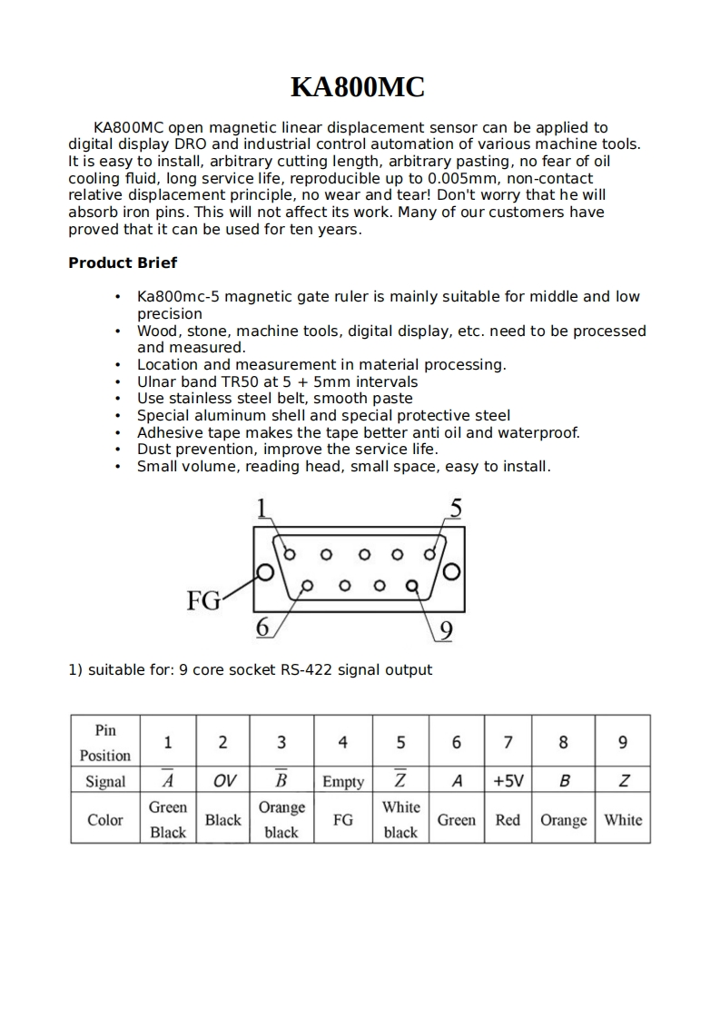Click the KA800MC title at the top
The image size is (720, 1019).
tap(358, 87)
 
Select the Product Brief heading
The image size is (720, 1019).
tap(123, 263)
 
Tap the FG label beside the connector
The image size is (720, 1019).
tap(203, 600)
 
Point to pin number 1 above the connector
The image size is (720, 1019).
tap(262, 509)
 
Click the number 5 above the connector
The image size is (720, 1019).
tap(455, 509)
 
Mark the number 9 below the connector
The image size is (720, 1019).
tap(446, 630)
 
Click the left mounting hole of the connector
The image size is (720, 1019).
tap(265, 573)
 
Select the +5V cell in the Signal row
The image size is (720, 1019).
tap(508, 781)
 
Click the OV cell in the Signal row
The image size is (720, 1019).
tap(223, 781)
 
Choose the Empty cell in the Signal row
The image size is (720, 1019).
tap(343, 782)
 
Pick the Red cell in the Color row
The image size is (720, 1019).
tap(508, 820)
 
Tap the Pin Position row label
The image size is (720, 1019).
tap(105, 742)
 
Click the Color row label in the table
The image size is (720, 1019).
tap(105, 820)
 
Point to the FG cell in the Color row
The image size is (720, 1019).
tap(343, 820)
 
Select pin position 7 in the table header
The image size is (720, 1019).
tap(508, 742)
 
